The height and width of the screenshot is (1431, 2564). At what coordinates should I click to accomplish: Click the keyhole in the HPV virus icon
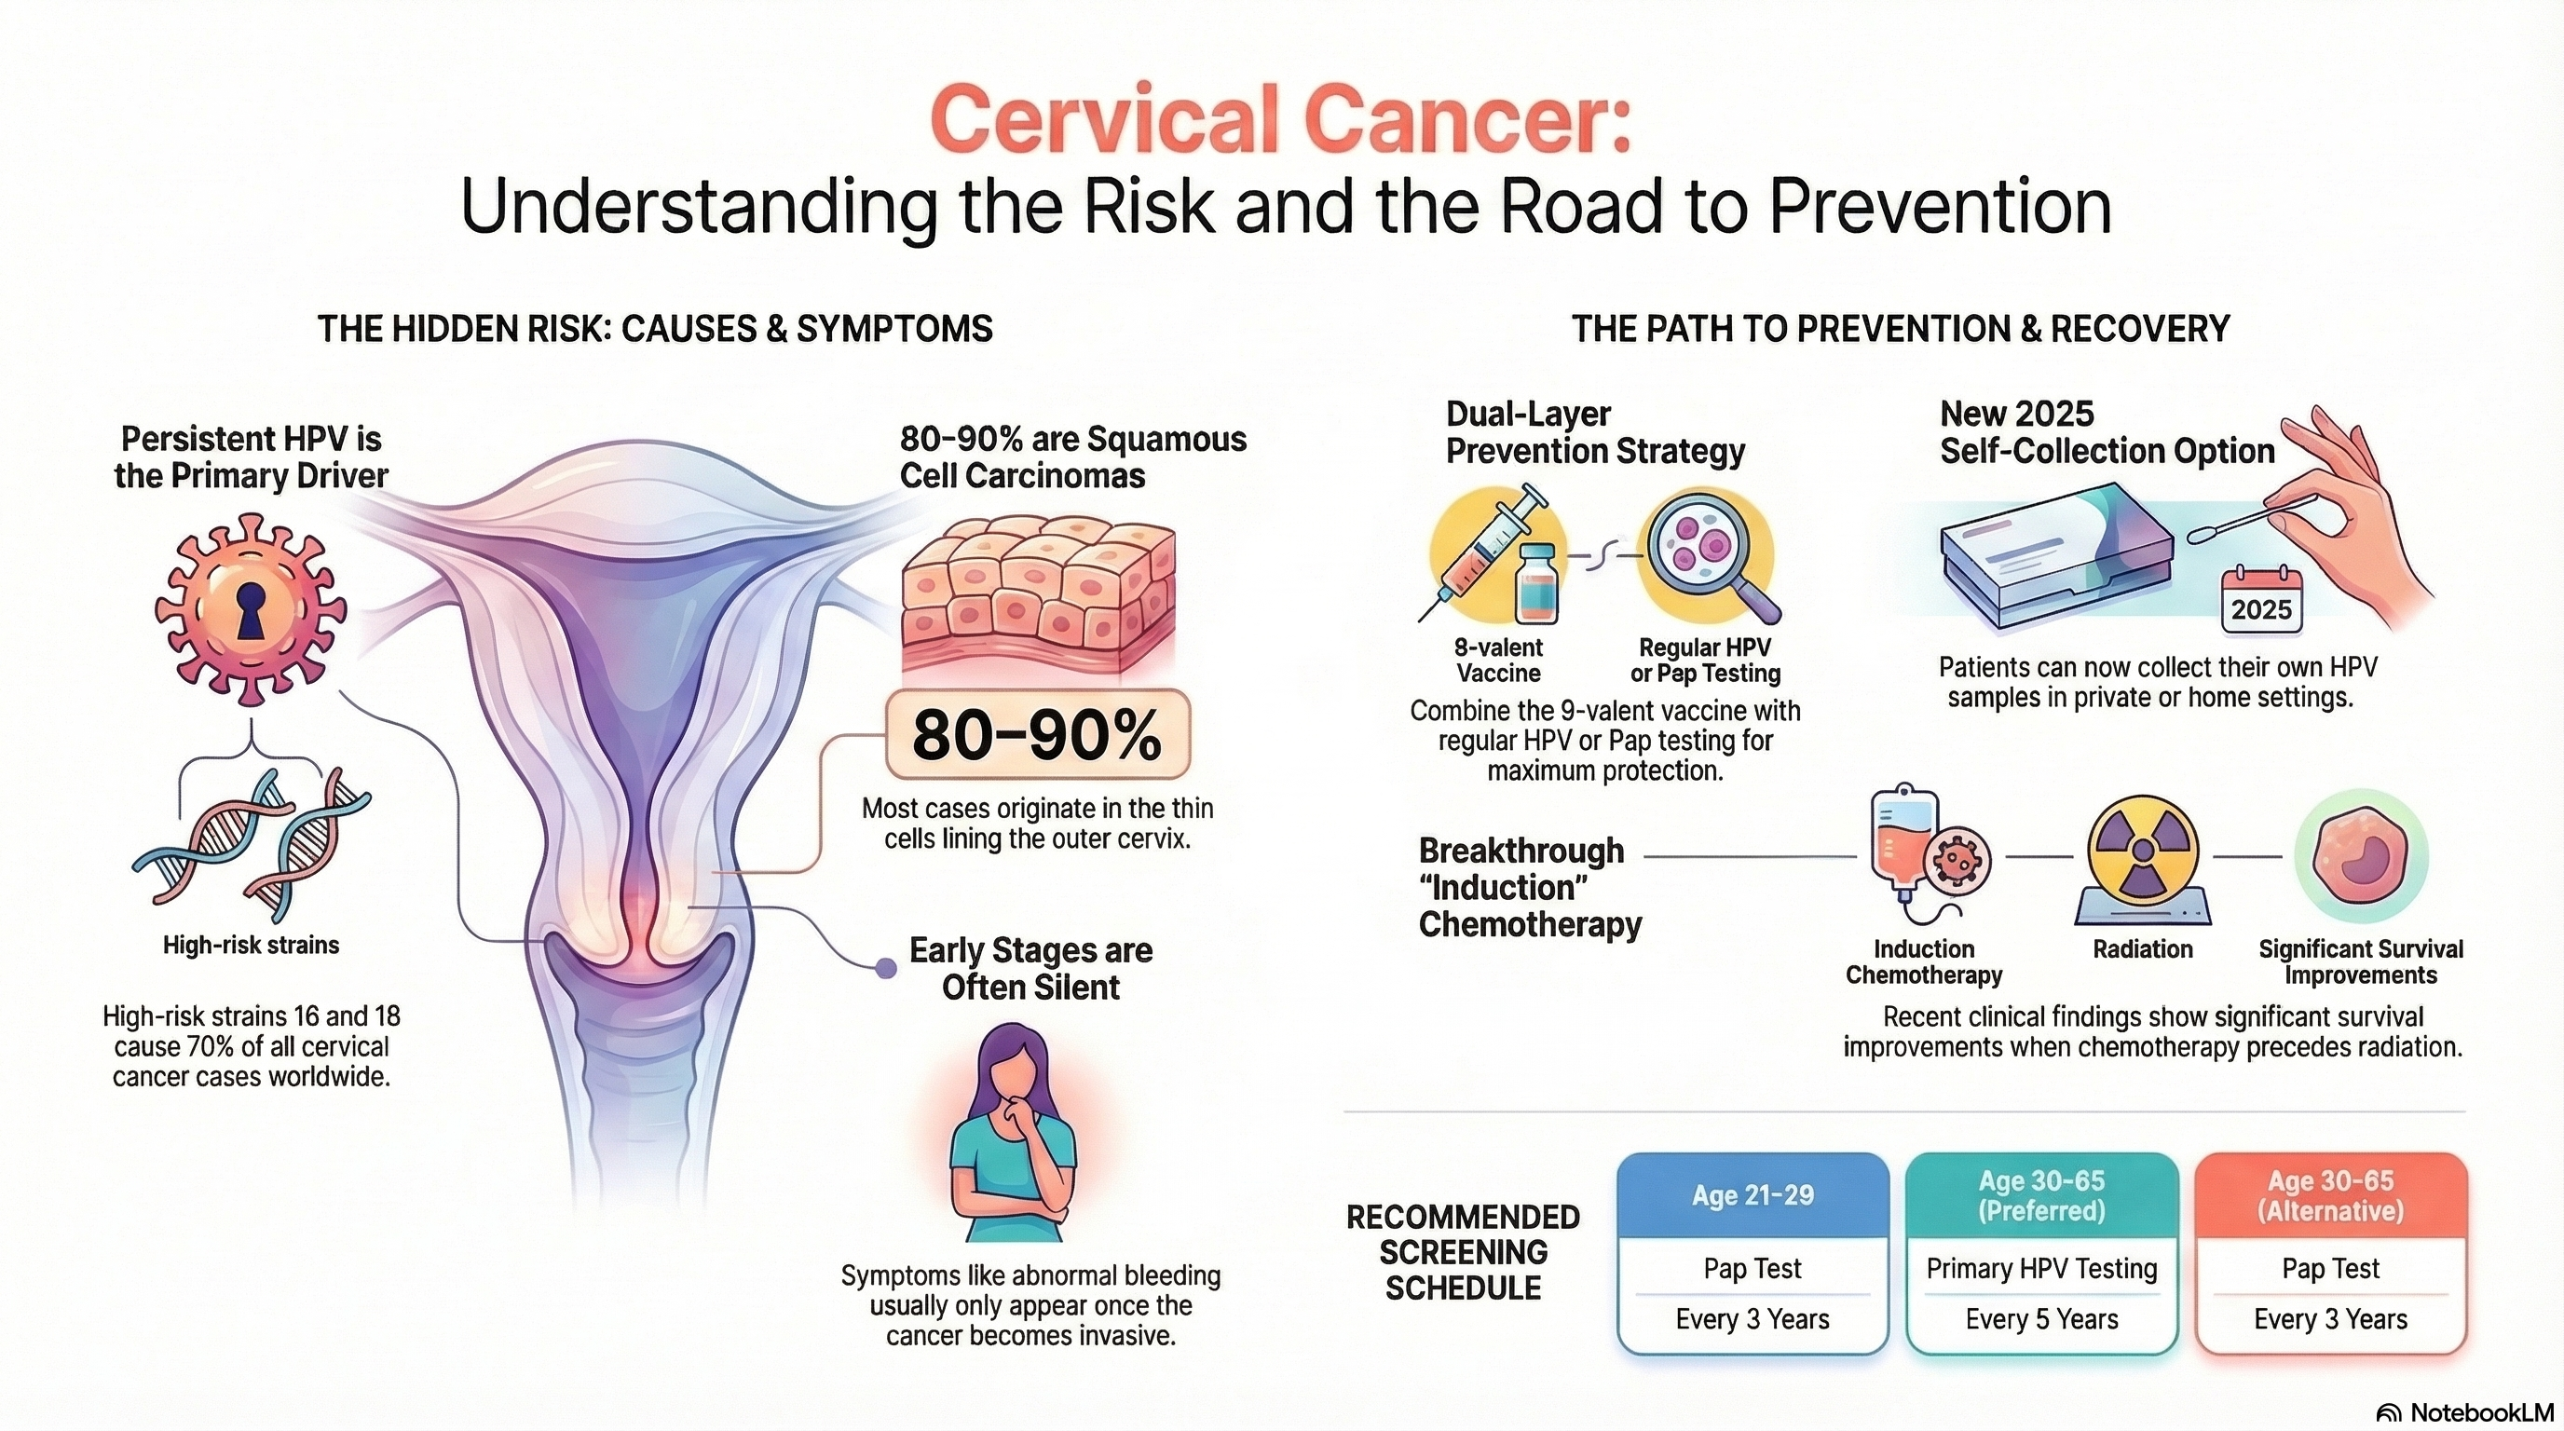pos(250,610)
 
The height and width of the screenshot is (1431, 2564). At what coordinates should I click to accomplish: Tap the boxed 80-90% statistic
pos(1037,734)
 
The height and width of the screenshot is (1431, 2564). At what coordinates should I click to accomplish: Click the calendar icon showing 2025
pos(2261,599)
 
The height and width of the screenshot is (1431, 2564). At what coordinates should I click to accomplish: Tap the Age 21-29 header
pos(1753,1195)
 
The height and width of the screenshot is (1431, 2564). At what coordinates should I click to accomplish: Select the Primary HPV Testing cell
pos(2041,1269)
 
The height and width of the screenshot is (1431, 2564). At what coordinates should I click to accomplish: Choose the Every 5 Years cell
pos(2041,1319)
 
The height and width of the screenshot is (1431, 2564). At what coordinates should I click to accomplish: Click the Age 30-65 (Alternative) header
pos(2330,1195)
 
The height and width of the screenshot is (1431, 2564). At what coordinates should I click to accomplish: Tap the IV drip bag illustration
pos(1903,836)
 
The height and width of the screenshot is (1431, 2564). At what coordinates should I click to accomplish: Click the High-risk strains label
pos(251,945)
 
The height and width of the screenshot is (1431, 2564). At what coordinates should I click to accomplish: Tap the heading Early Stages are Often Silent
pos(1031,968)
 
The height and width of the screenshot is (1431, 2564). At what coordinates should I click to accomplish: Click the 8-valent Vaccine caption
pos(1498,660)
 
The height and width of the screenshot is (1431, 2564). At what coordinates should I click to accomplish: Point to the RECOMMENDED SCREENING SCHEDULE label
pos(1462,1252)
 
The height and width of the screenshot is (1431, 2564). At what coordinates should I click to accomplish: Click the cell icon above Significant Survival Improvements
pos(2361,856)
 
